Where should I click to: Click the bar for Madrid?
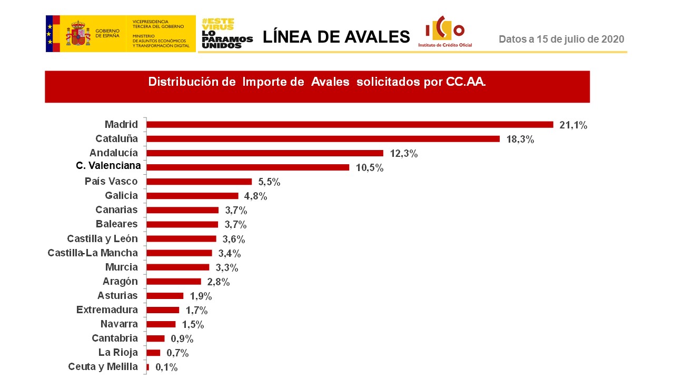(350, 125)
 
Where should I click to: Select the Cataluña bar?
(323, 139)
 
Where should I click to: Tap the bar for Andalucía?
(265, 153)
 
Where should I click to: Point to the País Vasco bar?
(199, 182)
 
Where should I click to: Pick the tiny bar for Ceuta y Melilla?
(148, 367)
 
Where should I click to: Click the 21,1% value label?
(573, 125)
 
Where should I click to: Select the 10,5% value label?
(369, 168)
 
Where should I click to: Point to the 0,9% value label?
(182, 338)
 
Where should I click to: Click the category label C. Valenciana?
(108, 166)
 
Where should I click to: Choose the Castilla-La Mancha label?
(93, 253)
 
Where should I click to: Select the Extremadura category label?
(107, 310)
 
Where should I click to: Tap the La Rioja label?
(118, 352)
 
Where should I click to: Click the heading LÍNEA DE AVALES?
(336, 37)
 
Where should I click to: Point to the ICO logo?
(445, 32)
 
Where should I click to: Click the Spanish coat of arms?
(78, 33)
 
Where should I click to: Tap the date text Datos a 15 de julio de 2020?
(561, 39)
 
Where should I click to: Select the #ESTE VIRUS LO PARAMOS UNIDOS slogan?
(227, 34)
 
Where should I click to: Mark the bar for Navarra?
(161, 324)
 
